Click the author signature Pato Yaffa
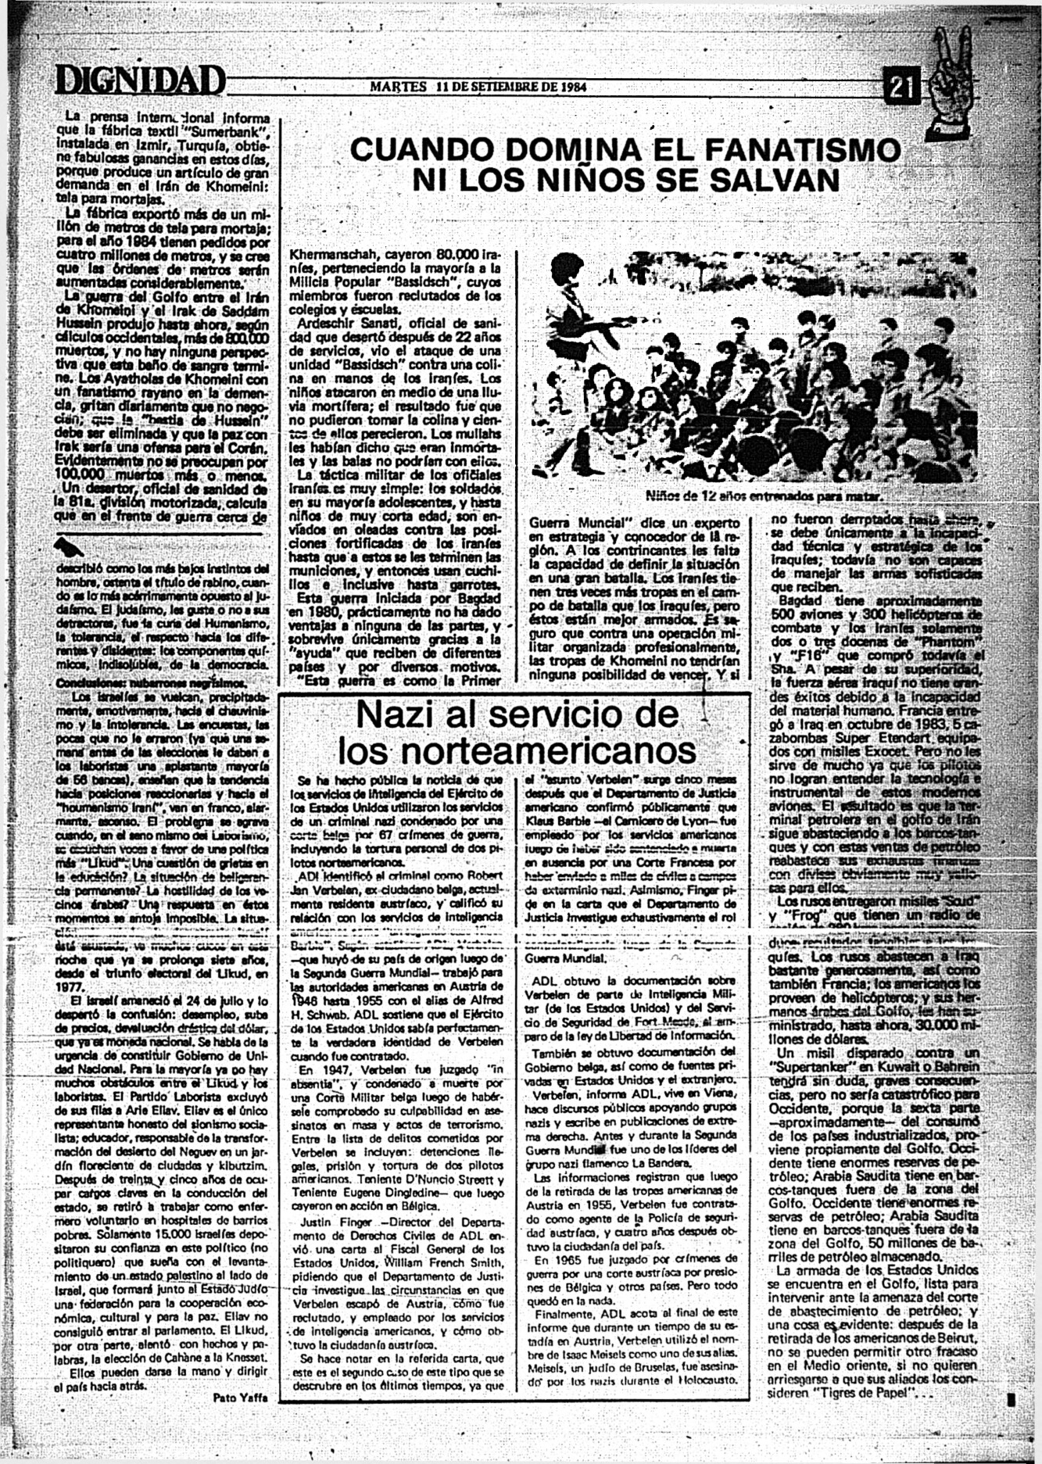pyautogui.click(x=241, y=1398)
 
